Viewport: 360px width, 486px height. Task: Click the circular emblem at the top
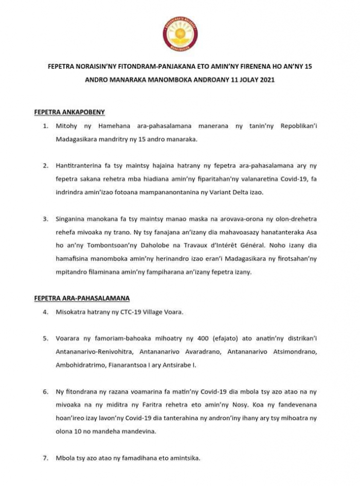coord(180,33)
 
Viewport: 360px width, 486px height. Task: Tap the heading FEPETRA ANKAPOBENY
coord(69,112)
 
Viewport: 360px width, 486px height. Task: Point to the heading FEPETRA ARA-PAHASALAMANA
coord(82,298)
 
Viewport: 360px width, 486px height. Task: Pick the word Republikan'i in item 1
coord(299,126)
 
